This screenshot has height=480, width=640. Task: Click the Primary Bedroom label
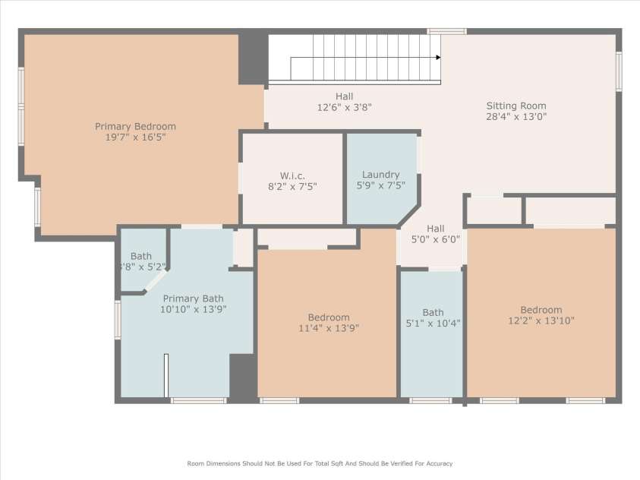point(135,126)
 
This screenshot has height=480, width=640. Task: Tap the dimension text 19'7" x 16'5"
point(135,137)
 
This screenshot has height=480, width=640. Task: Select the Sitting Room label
point(516,106)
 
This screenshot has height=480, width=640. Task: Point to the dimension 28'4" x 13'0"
point(516,117)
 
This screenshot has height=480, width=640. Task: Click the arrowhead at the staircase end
point(438,57)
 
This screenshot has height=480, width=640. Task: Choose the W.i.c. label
point(292,175)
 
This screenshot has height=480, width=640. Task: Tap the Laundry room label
point(380,174)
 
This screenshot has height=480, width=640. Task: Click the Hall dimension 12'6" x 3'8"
point(344,107)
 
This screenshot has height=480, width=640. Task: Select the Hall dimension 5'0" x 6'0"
point(435,239)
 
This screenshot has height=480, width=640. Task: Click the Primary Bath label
point(192,298)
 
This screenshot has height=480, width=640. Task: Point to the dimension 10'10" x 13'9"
point(193,309)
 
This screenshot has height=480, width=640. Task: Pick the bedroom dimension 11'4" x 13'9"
point(328,328)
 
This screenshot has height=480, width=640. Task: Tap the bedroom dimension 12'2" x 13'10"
point(541,321)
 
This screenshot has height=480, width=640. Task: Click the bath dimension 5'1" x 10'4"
point(433,323)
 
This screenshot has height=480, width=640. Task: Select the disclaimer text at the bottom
point(320,463)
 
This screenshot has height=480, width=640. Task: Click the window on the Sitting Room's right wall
point(619,71)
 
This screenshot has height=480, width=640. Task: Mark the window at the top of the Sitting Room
point(446,31)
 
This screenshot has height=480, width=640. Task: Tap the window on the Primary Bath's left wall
point(118,319)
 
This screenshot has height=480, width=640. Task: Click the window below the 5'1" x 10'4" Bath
point(430,400)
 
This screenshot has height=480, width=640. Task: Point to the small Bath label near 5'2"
point(141,256)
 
